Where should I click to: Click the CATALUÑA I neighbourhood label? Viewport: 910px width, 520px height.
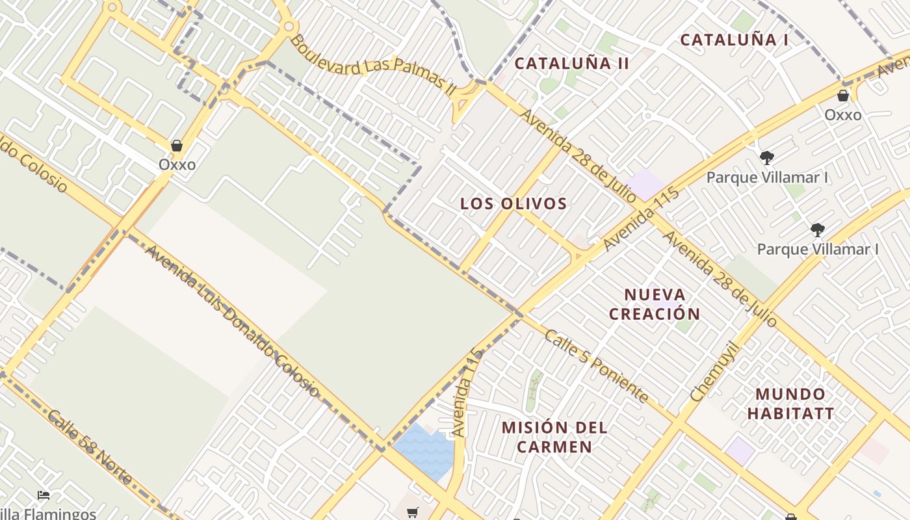tap(734, 40)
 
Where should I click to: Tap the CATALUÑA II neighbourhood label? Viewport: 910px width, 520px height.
tap(572, 63)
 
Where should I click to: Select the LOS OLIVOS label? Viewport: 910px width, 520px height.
tap(513, 203)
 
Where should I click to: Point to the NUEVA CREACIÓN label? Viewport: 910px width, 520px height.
tap(655, 304)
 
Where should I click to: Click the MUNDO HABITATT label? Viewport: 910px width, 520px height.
tap(790, 404)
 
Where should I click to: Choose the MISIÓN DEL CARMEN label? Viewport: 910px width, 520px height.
tap(554, 437)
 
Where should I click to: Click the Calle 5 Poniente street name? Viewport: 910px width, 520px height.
tap(595, 365)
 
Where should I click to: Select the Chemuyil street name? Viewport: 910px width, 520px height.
tap(716, 370)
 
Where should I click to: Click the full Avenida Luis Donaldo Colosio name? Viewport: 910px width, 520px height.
tap(231, 320)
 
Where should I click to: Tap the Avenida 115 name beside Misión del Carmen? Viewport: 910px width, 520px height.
tap(467, 392)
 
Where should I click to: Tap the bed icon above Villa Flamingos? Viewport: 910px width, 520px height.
tap(44, 495)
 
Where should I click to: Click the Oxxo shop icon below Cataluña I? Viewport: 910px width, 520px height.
tap(843, 96)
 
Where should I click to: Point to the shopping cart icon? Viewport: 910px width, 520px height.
tap(412, 513)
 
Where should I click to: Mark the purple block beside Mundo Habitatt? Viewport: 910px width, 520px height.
tap(740, 450)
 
